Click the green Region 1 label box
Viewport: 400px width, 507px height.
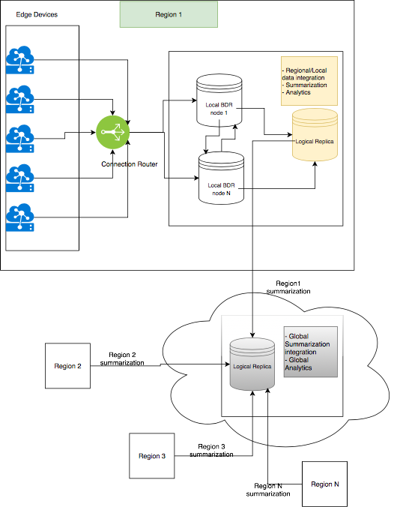(x=169, y=14)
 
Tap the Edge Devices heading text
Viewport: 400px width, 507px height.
(x=37, y=15)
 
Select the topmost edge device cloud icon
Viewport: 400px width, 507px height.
(x=19, y=58)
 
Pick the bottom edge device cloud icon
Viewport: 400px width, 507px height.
(x=19, y=218)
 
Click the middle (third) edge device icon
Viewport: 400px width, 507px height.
(x=19, y=138)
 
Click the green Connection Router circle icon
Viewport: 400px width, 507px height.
(x=113, y=133)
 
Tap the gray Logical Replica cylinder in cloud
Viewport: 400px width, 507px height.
(x=252, y=364)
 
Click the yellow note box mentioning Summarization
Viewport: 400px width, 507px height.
(x=308, y=81)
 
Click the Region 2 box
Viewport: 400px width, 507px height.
(x=67, y=366)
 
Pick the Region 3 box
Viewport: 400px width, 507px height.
(x=152, y=455)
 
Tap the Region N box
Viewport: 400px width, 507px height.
(x=325, y=484)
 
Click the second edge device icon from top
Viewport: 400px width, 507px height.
(x=19, y=97)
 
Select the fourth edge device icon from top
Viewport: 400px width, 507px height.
(x=19, y=178)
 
